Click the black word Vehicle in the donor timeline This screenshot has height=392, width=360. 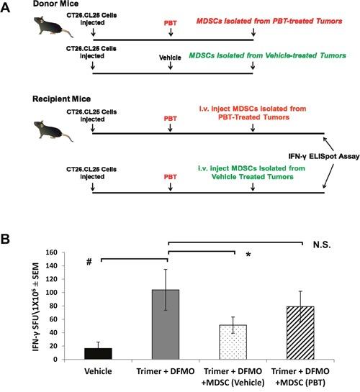[171, 55]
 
